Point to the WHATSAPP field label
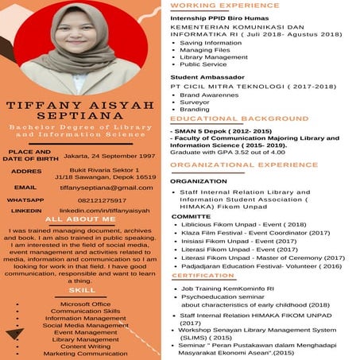[25, 199]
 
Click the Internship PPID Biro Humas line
[225, 17]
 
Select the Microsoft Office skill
[85, 304]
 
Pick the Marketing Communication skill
[85, 353]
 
